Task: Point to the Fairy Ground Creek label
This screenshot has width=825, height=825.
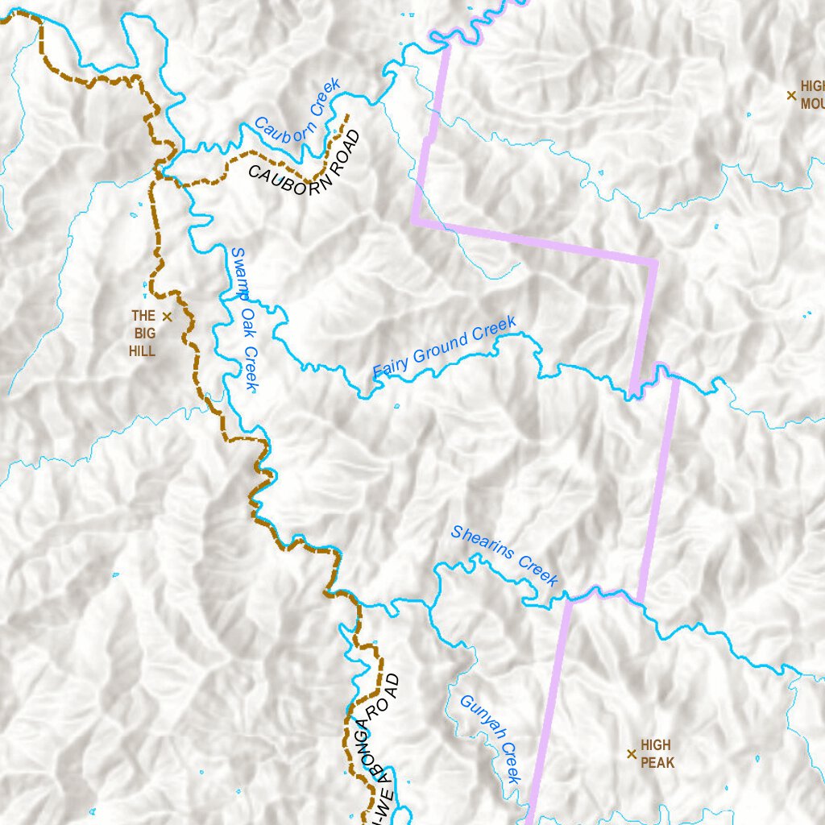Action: pos(445,348)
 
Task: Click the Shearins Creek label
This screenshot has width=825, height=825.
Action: pos(504,555)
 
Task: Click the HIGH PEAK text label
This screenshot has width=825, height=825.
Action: pos(657,754)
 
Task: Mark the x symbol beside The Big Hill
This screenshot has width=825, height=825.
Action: pos(167,317)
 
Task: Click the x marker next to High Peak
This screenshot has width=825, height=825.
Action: pos(631,754)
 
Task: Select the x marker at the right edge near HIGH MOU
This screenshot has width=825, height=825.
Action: pos(790,95)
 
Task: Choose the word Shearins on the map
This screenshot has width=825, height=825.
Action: pos(483,544)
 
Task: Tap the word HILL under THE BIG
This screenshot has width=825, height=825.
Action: pos(142,351)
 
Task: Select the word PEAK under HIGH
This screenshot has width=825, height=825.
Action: pos(658,762)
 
